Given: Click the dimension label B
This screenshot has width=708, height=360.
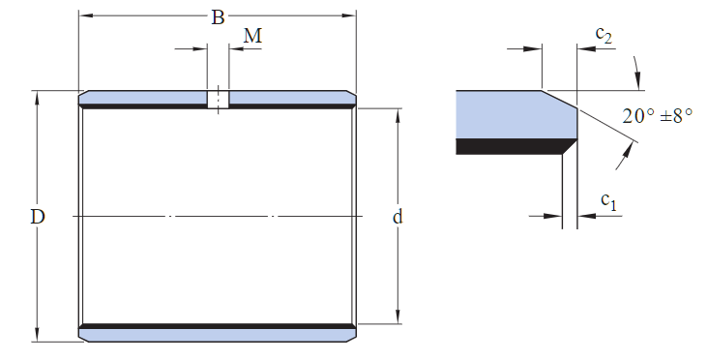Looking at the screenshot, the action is tap(218, 17).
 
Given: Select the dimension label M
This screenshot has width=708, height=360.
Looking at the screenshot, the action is tap(252, 36).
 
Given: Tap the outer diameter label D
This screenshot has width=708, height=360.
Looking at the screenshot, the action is tap(38, 217).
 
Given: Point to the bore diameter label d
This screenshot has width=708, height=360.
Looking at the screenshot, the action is tap(398, 217).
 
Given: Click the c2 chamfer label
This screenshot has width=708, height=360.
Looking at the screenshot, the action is tap(604, 34).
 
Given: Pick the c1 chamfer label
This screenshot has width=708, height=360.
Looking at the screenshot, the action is tap(608, 201).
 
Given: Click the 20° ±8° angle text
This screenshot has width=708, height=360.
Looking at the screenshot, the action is tap(658, 116).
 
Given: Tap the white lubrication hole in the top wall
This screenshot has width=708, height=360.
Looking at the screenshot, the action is tap(218, 100).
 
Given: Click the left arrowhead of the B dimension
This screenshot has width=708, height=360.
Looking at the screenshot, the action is tap(86, 15).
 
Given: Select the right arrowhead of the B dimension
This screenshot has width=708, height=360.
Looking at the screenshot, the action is tap(349, 15).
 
